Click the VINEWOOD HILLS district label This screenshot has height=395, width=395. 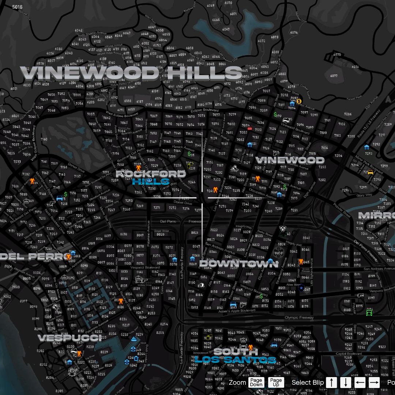point(131,73)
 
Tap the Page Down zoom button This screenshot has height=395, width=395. point(256,382)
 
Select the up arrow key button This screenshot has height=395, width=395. point(331,382)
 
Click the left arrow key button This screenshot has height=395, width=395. point(360,382)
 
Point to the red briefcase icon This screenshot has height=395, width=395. point(250,128)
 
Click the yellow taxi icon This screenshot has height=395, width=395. point(370,172)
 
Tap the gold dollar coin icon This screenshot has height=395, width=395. point(299,101)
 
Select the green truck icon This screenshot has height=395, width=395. point(369,312)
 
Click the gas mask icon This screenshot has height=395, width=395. point(282,230)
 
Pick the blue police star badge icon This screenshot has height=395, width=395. point(301,288)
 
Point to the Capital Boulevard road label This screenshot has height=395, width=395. point(349,354)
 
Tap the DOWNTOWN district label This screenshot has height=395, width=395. point(238,264)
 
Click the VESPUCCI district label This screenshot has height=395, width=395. point(69,338)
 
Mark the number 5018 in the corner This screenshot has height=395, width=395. point(17,7)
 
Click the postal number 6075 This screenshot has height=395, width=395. point(337,55)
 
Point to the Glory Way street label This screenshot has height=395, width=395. point(364,195)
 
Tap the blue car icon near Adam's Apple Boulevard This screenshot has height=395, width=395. point(233,305)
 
